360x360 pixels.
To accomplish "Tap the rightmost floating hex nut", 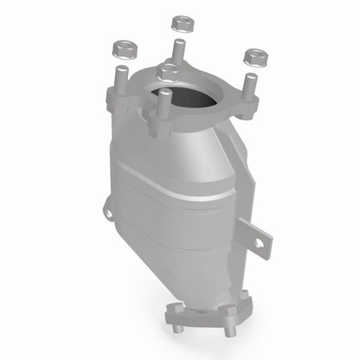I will (255, 58).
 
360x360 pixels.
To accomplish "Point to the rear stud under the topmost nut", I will (179, 47).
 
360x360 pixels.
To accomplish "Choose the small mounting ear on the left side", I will (108, 209).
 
